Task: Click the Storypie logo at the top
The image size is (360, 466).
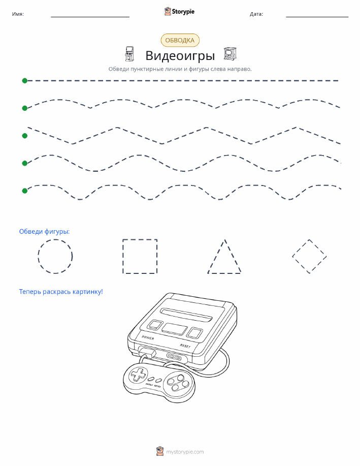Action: click(x=179, y=12)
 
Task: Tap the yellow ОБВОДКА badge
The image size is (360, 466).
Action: click(x=180, y=41)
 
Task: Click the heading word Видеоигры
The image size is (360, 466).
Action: click(x=180, y=55)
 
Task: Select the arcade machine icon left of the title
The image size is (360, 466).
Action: click(x=129, y=54)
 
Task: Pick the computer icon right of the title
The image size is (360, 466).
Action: click(x=230, y=54)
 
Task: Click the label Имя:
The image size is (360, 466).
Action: click(x=18, y=14)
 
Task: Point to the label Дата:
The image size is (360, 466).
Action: click(x=256, y=14)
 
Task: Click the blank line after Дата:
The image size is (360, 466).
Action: click(x=317, y=17)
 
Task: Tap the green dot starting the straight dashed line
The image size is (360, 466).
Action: click(x=25, y=80)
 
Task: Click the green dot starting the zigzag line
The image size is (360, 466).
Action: click(x=25, y=136)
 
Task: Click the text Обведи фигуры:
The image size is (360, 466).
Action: click(x=44, y=232)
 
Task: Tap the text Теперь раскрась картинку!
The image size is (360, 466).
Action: click(x=61, y=292)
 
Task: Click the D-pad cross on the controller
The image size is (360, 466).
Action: click(x=138, y=375)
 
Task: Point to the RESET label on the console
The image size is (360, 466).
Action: click(x=185, y=346)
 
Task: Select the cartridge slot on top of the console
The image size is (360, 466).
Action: click(x=186, y=314)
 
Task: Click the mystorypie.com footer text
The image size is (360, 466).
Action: click(x=185, y=452)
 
